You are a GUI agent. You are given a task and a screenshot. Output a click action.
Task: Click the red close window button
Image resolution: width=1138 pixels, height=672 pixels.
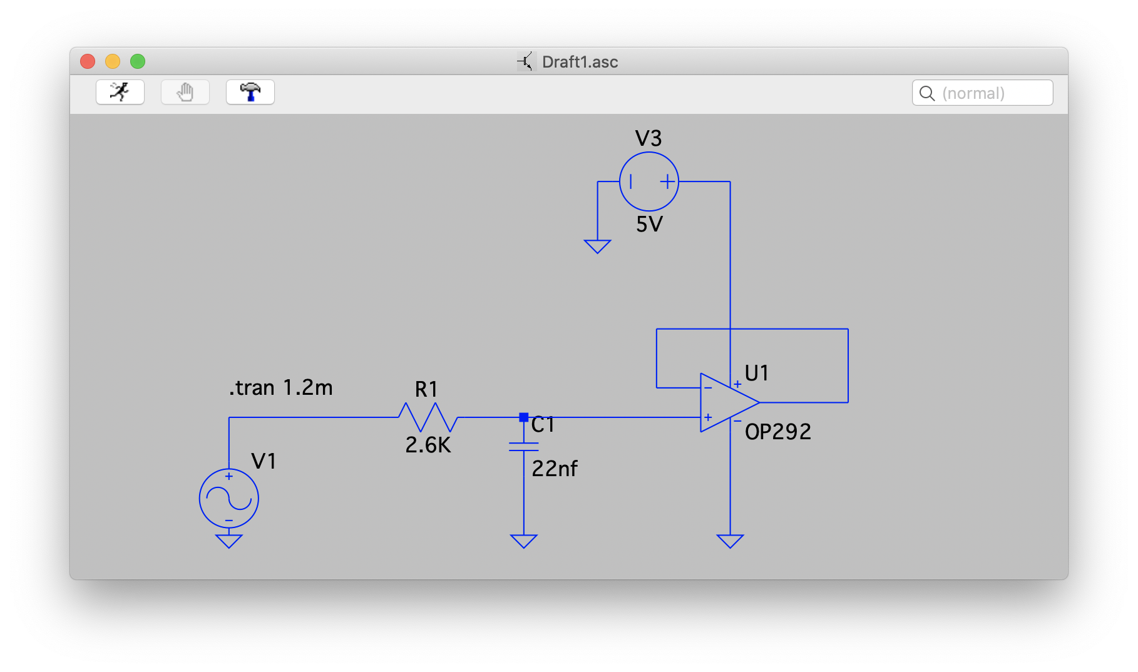pos(88,61)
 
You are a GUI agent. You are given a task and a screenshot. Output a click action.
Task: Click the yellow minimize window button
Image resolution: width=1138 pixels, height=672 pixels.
pos(113,61)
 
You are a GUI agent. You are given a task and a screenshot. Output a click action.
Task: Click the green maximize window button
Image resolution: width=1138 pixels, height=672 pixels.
pos(138,61)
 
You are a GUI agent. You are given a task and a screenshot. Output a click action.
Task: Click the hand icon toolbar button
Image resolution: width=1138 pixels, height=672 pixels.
pos(185,92)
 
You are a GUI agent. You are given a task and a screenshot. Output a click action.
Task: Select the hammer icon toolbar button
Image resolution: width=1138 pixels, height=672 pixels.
pos(250,92)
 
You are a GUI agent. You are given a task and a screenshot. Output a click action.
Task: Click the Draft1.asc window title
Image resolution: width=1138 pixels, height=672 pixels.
pos(580,62)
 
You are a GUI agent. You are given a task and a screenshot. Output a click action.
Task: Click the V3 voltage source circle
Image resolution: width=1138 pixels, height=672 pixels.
pos(648,181)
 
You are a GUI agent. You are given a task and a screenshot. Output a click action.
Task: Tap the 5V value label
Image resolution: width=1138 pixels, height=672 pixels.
pos(649,224)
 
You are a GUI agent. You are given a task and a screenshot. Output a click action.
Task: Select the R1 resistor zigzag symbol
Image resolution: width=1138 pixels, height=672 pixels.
pos(428,417)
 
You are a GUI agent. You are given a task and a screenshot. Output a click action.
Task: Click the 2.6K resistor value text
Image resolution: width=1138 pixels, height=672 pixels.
pos(428,445)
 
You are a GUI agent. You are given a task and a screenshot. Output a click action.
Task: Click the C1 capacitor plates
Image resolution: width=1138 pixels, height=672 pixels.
pos(523,447)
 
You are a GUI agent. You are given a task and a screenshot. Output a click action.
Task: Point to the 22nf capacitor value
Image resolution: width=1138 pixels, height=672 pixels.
pos(555,468)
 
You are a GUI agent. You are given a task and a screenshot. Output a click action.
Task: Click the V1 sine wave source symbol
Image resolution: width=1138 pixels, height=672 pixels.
pos(228,499)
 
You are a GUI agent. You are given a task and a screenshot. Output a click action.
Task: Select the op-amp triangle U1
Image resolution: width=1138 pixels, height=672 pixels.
pos(726,402)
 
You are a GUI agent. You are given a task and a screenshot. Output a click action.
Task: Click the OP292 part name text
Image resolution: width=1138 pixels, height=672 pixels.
pos(777,432)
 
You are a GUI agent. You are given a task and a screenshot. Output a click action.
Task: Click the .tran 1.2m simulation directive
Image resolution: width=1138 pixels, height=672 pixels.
pos(280,388)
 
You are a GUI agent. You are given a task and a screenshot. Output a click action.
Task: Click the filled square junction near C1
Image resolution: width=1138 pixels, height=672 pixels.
pos(523,417)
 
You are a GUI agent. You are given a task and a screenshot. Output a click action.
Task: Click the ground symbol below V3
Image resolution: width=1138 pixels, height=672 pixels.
pos(597,247)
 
